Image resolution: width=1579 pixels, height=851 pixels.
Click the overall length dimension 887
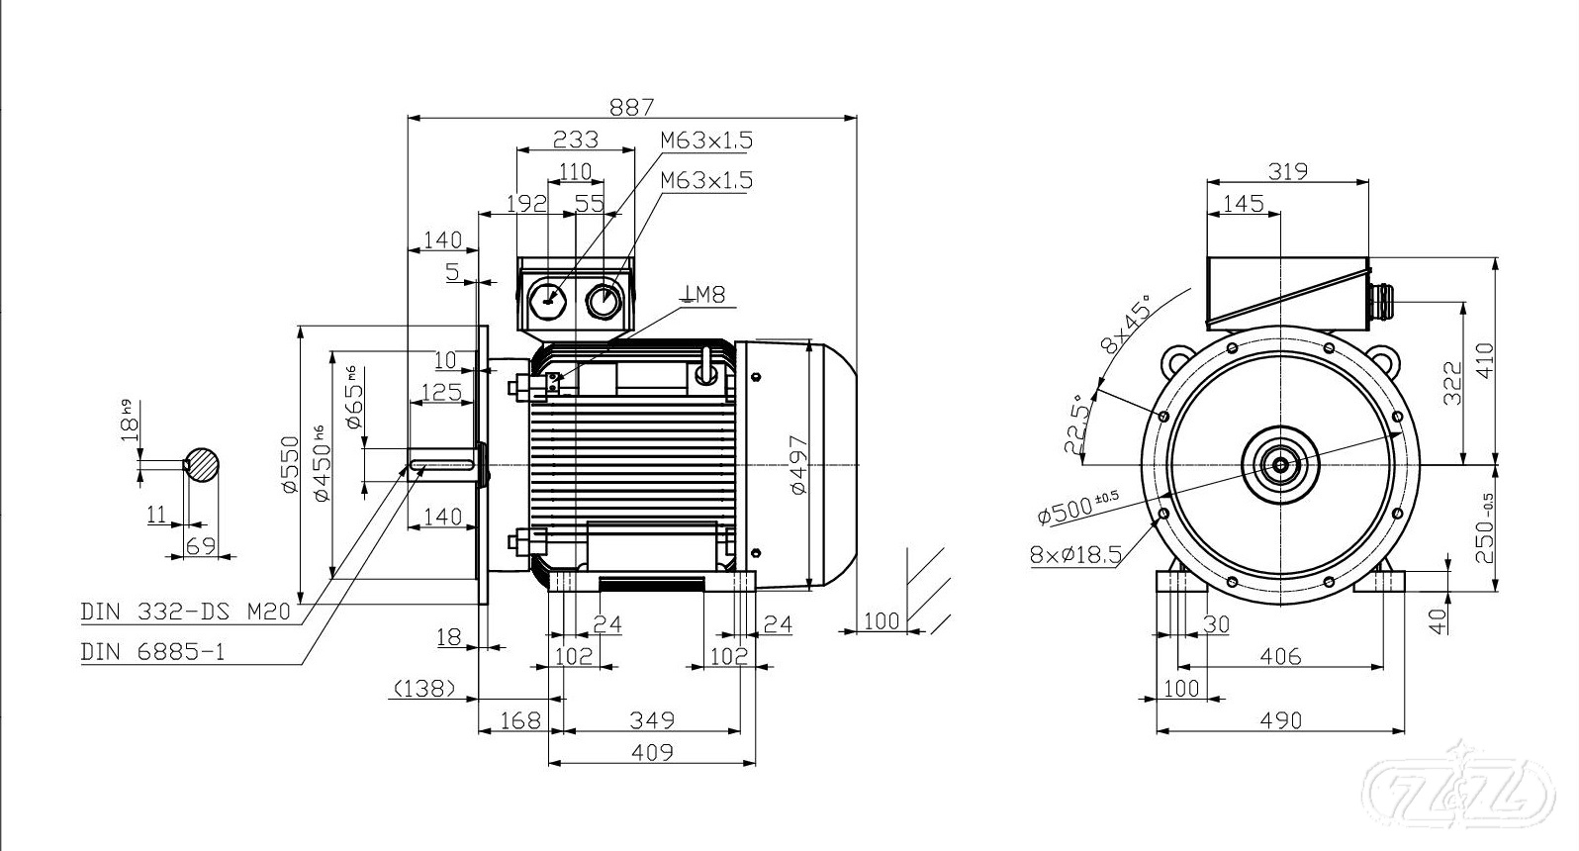(631, 107)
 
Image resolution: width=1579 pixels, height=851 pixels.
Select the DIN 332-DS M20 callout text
(185, 612)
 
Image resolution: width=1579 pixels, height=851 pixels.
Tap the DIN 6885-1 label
(152, 652)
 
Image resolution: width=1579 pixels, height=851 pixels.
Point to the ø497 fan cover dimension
(798, 465)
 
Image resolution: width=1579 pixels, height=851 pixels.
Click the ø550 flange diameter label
(289, 464)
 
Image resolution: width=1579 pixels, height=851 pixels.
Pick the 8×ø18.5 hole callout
(1075, 554)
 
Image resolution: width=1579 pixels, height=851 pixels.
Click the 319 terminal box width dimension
(1288, 171)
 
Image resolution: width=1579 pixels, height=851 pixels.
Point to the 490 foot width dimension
(1281, 720)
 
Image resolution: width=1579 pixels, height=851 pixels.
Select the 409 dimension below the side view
(652, 752)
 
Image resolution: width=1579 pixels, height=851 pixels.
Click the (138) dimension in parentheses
(424, 688)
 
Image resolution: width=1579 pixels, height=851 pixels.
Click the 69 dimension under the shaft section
(201, 545)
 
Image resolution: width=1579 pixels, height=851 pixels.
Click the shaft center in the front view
(1280, 463)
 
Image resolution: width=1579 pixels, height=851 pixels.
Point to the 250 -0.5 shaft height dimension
(1484, 528)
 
